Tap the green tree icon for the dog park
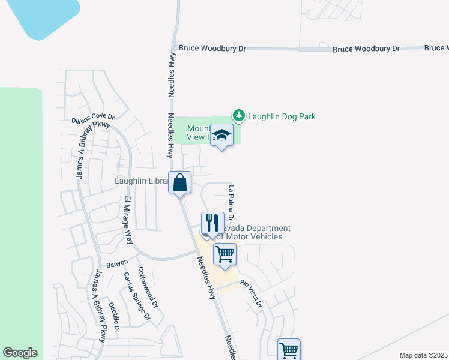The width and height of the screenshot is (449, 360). pos(239,115)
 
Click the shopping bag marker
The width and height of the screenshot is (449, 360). pos(180,183)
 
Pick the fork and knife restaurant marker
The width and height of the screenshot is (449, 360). pos(211,224)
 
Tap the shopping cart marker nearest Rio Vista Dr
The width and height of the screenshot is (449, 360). pos(224,255)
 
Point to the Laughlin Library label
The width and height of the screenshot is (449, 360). pos(141,181)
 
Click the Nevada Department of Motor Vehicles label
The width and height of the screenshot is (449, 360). pos(252,232)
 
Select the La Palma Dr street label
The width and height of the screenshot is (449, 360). pos(231,202)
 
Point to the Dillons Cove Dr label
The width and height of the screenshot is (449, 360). pos(92,119)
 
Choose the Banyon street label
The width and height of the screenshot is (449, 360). pos(117,263)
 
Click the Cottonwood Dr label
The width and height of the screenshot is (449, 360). pos(147,287)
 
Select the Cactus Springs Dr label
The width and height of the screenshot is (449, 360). pos(136,296)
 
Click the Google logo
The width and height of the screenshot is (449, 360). pos(20,353)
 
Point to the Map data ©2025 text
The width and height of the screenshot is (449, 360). pos(423,355)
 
